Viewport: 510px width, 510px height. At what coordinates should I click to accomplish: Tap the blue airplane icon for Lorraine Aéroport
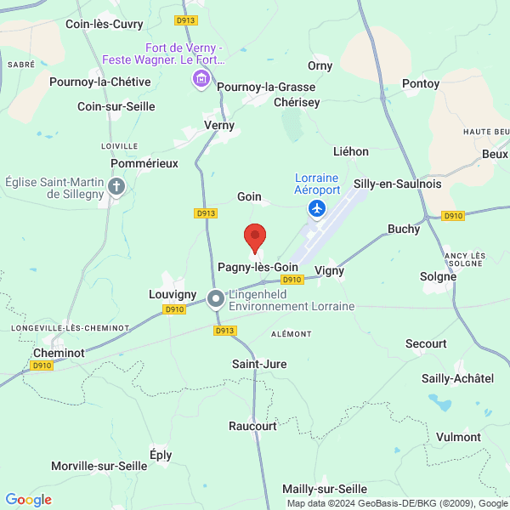[318, 208]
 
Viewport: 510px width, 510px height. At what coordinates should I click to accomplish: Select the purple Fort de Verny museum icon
[201, 80]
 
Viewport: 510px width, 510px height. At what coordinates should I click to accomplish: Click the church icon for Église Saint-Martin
[117, 186]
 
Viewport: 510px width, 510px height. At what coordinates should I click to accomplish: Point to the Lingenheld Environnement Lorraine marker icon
[216, 297]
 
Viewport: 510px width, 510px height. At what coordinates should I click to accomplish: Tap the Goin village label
[249, 196]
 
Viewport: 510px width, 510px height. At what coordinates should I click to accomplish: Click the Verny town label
[219, 125]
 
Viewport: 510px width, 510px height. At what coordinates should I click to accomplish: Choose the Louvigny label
[173, 293]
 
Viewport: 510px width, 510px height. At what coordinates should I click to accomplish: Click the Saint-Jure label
[259, 364]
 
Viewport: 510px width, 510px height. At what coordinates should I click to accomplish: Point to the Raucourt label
[252, 426]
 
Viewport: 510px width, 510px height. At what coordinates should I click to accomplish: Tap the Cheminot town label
[59, 352]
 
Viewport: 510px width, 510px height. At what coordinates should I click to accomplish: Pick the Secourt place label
[426, 343]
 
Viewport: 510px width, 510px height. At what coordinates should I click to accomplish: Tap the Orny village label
[320, 65]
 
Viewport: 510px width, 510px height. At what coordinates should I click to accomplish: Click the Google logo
[29, 500]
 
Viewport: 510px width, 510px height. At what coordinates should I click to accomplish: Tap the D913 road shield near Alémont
[224, 331]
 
